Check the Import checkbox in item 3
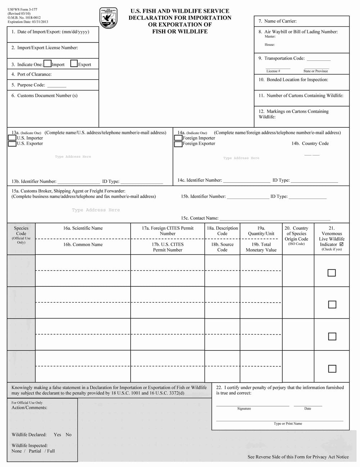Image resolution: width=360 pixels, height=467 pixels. tap(48, 64)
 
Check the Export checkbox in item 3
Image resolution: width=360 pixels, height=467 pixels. tap(74, 64)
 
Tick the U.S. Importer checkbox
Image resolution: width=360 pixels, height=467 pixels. tap(12, 138)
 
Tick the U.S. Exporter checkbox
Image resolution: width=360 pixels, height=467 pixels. tap(12, 144)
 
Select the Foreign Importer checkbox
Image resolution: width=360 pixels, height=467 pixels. tap(178, 138)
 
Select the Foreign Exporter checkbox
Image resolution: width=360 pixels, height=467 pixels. tap(178, 144)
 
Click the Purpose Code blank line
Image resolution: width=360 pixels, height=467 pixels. tap(57, 86)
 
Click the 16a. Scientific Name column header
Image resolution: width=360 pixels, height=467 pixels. tap(83, 228)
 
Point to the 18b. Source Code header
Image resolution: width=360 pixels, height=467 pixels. tap(222, 247)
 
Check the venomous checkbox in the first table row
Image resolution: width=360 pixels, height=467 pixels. tap(332, 273)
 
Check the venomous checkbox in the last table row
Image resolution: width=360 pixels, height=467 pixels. tap(332, 369)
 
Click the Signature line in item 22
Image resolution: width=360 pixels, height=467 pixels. tap(252, 405)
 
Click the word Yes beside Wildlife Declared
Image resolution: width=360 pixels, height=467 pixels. tap(57, 435)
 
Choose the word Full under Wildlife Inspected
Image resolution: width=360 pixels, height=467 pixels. tap(51, 451)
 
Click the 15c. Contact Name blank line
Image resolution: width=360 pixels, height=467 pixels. tap(275, 219)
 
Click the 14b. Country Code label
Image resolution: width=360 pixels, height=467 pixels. tap(310, 144)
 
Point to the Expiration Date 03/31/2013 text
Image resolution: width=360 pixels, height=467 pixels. tap(28, 22)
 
